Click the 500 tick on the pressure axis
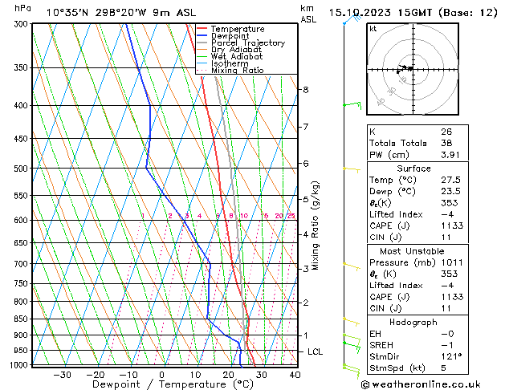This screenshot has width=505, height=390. point(21,169)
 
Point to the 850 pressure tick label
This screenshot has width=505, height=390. point(21,319)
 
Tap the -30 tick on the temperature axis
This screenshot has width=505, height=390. point(62,374)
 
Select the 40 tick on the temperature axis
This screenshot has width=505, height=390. point(295,374)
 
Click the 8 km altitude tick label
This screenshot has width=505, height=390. point(305,90)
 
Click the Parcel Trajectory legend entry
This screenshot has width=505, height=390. point(247,43)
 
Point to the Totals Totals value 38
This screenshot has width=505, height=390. point(446,144)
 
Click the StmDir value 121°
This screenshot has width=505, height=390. point(450,356)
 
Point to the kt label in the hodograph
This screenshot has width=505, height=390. point(373,29)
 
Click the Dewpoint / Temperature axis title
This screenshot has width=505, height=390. point(161,384)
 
